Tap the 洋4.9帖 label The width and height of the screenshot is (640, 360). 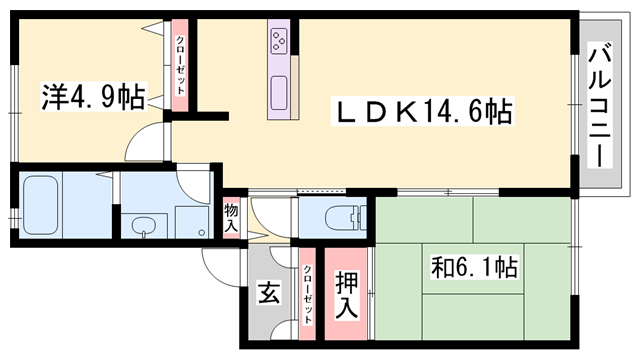click(x=92, y=97)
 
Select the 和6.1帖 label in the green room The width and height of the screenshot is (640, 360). click(x=474, y=267)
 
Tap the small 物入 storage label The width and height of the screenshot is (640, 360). click(x=231, y=217)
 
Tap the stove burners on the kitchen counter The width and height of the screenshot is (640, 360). click(x=278, y=42)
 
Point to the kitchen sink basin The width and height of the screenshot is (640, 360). click(x=278, y=90)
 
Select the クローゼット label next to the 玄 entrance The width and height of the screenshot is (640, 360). click(x=308, y=294)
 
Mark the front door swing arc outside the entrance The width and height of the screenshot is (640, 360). click(x=219, y=262)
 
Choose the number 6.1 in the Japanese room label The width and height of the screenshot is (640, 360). click(x=485, y=267)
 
